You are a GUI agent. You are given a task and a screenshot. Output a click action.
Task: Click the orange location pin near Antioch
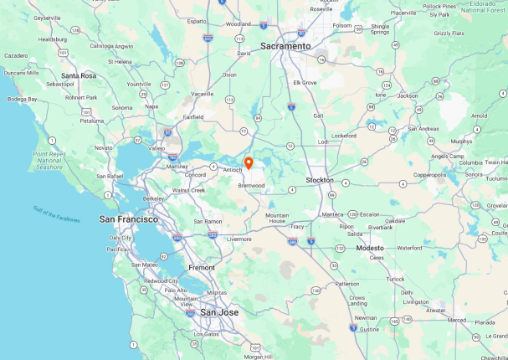(x=248, y=162)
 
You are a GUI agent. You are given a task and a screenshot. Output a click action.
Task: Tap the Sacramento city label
(x=285, y=46)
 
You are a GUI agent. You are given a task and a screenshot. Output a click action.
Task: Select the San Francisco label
(x=128, y=219)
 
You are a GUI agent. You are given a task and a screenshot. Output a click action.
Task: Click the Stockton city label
(x=320, y=180)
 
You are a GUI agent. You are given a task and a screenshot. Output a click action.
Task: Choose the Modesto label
(x=369, y=248)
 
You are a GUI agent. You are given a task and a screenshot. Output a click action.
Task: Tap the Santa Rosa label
(x=79, y=75)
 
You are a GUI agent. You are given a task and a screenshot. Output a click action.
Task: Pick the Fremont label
(x=201, y=268)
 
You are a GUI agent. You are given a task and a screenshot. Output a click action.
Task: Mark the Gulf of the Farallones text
(x=57, y=213)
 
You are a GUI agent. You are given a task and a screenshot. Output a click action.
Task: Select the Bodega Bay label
(x=22, y=99)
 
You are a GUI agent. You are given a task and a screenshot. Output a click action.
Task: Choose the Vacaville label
(x=202, y=94)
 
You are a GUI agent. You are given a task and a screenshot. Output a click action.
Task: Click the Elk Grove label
(x=305, y=82)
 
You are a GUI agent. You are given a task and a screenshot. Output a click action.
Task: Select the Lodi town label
(x=323, y=141)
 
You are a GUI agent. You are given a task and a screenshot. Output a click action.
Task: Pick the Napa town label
(x=151, y=106)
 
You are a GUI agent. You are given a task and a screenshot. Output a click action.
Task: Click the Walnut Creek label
(x=188, y=190)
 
